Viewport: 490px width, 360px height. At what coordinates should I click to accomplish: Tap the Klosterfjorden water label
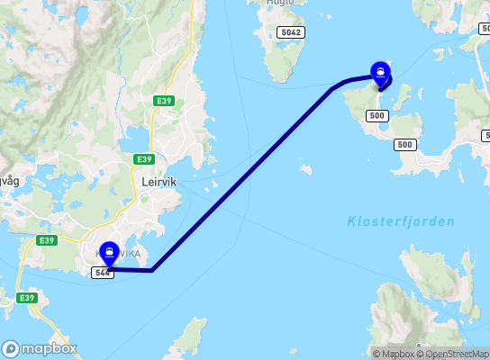coord(401,221)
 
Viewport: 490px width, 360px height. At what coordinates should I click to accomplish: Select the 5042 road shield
coord(291,32)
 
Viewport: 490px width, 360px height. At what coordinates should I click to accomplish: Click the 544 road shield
coord(103,273)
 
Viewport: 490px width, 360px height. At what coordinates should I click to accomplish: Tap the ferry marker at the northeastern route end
coord(382,72)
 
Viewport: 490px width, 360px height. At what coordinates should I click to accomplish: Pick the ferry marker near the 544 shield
coord(109,253)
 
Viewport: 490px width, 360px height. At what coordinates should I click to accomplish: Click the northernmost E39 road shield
coord(162,101)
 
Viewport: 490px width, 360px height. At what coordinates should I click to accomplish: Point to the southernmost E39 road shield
coord(26,298)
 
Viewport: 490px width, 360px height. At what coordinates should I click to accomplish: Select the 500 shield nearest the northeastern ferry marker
coord(377,115)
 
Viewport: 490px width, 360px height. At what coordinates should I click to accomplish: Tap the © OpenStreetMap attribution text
coord(458,354)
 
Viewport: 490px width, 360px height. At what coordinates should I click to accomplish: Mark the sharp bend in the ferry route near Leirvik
coord(152,270)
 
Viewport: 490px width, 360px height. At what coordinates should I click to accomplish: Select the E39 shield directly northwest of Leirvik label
coord(143,159)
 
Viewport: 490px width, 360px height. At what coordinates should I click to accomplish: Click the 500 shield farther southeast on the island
coord(405,145)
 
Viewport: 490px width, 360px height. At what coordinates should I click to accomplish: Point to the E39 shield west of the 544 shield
coord(48,241)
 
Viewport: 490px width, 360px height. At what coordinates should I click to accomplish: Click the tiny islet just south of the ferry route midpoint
coord(306,168)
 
